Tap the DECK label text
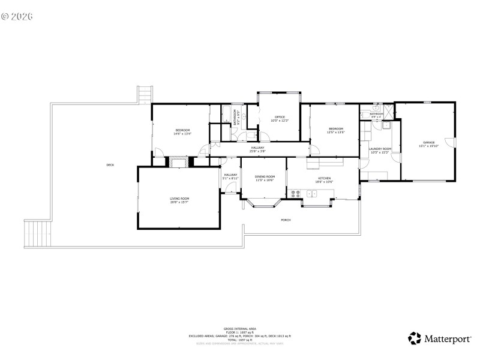pyautogui.click(x=110, y=165)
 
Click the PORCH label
pyautogui.click(x=286, y=220)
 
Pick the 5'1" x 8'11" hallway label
pyautogui.click(x=231, y=176)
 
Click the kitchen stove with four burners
pyautogui.click(x=295, y=193)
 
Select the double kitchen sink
pyautogui.click(x=312, y=193)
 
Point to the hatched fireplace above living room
pyautogui.click(x=179, y=161)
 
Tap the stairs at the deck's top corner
pyautogui.click(x=145, y=94)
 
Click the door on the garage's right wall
pyautogui.click(x=454, y=142)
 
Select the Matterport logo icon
pyautogui.click(x=415, y=338)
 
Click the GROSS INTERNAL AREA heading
pyautogui.click(x=240, y=329)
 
